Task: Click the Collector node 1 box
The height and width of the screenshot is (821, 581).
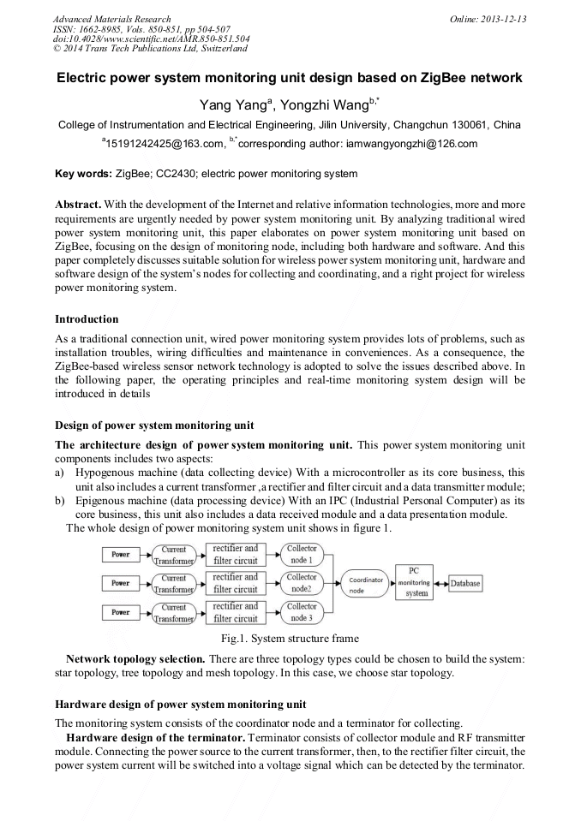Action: click(x=302, y=554)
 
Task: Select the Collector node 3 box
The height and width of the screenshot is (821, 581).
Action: click(x=302, y=612)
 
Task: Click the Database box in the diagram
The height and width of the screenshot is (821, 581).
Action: click(x=466, y=584)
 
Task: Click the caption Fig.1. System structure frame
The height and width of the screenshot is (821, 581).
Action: click(x=290, y=638)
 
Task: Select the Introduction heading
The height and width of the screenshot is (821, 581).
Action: click(x=87, y=318)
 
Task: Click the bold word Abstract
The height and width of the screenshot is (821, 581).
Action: click(x=78, y=206)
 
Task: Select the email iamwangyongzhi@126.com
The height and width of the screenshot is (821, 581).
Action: click(x=405, y=144)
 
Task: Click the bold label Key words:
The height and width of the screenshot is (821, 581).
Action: click(x=83, y=175)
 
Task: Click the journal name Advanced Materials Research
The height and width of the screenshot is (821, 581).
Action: click(x=111, y=19)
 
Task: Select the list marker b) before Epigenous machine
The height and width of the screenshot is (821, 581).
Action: click(x=59, y=499)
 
